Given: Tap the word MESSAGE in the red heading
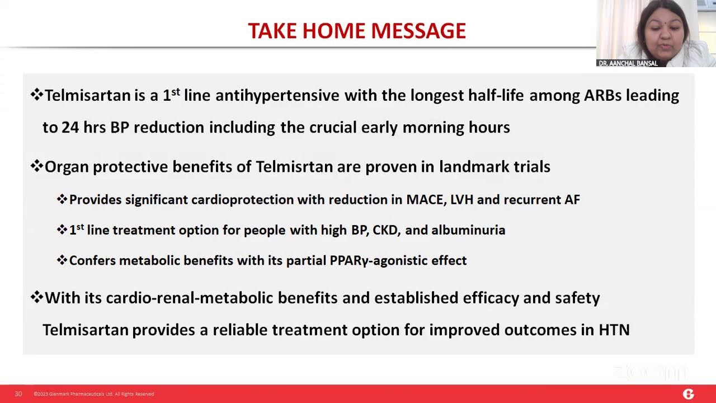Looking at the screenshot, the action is (x=418, y=31).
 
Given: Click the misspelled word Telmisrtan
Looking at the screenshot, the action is (x=294, y=167).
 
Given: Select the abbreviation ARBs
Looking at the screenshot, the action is (x=602, y=95).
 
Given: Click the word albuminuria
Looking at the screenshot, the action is (x=468, y=230).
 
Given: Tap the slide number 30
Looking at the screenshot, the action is (x=18, y=393).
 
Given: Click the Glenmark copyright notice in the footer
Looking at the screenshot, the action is (x=93, y=394).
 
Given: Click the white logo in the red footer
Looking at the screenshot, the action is (x=688, y=394).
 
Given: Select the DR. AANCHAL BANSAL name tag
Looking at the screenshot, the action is (x=628, y=63).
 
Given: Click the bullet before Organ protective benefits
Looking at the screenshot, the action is (x=37, y=166).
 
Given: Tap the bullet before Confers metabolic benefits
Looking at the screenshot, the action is (x=62, y=260).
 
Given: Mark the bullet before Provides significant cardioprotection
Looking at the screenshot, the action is (x=62, y=199).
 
